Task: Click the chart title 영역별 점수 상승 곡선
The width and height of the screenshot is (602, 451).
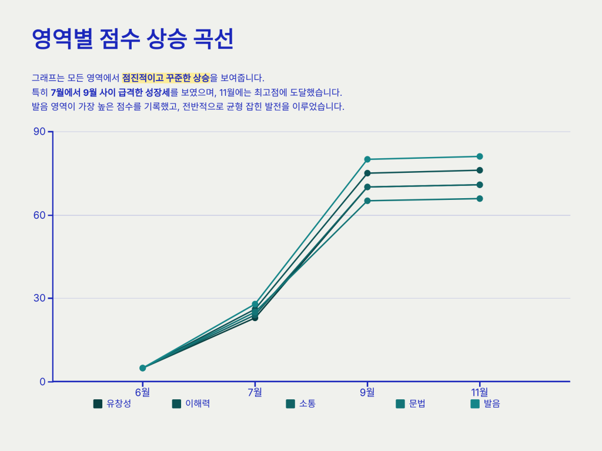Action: click(x=133, y=39)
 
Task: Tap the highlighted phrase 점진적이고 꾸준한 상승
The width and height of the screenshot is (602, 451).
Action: click(x=166, y=78)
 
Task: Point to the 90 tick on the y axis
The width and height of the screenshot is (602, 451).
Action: click(x=39, y=131)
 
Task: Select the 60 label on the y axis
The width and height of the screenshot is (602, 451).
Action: click(x=39, y=215)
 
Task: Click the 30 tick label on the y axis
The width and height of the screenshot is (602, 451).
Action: click(x=39, y=298)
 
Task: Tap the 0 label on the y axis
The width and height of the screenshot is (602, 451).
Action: click(x=42, y=382)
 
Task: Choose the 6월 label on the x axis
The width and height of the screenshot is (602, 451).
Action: click(x=142, y=392)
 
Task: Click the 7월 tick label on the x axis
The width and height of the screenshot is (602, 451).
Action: click(x=255, y=392)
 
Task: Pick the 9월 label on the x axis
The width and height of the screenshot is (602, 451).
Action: click(x=367, y=392)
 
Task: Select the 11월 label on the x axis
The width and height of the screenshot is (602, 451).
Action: click(x=479, y=392)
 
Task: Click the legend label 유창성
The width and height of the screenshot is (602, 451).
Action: click(x=119, y=404)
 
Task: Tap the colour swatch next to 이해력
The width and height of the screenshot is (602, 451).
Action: click(x=176, y=404)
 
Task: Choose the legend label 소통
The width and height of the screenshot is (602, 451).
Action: click(x=307, y=404)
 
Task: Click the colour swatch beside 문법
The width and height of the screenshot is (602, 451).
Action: click(x=400, y=404)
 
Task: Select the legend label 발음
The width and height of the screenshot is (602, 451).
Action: click(x=491, y=404)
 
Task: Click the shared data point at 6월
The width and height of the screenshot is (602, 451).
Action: click(x=142, y=368)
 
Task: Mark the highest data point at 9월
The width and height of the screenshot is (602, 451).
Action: click(x=367, y=159)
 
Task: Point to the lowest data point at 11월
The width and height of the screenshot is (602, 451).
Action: click(x=480, y=199)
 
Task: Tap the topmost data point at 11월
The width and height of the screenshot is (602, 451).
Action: click(x=480, y=156)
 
